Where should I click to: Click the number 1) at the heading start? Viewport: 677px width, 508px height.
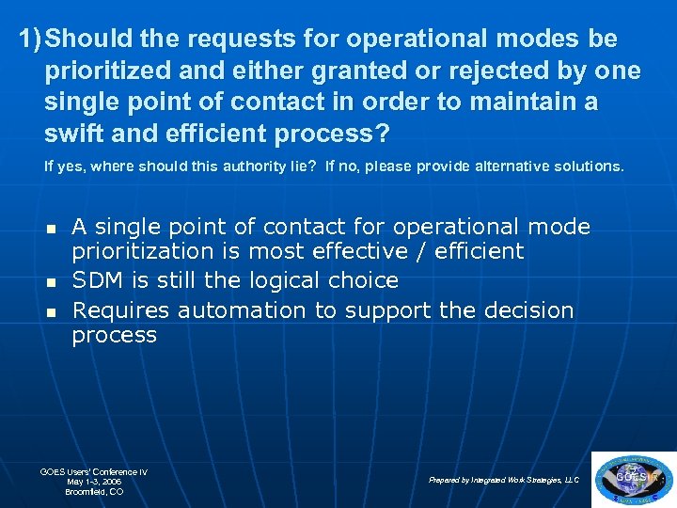30,40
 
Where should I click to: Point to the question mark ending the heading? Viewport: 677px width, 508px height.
382,133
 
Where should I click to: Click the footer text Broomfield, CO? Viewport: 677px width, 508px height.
94,492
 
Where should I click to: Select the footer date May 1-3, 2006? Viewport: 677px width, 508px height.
94,482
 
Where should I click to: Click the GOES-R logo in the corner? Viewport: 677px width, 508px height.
633,478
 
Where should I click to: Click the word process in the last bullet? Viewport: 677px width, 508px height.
114,336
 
